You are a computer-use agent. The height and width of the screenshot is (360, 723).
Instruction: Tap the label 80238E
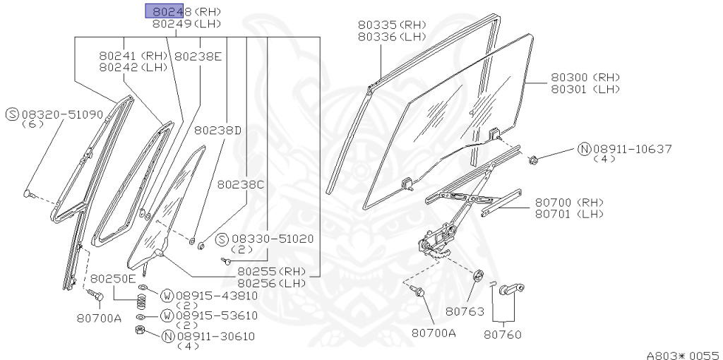[x=198, y=56]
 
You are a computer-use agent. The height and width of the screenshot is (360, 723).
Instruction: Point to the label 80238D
[x=218, y=130]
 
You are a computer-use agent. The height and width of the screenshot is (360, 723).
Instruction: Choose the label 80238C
[x=241, y=184]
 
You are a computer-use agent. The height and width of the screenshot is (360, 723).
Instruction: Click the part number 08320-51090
[x=62, y=114]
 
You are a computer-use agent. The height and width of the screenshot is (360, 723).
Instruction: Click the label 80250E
[x=113, y=278]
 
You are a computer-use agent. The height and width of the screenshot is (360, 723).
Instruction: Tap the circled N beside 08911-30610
[x=168, y=336]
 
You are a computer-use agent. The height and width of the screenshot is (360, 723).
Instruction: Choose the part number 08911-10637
[x=632, y=149]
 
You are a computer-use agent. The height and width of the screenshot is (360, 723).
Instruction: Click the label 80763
[x=464, y=310]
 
